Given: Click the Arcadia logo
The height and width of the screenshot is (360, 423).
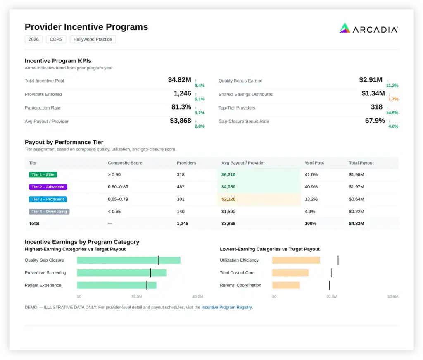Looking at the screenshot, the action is [368, 28].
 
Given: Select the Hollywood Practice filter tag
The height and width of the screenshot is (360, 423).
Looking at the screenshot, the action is [93, 39].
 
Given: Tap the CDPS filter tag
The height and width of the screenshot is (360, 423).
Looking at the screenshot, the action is [56, 39].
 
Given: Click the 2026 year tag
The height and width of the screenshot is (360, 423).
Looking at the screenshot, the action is [33, 39].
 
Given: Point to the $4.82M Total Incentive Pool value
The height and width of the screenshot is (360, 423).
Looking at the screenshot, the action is [179, 80].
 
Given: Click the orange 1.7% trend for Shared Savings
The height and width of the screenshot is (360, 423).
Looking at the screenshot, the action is [393, 99].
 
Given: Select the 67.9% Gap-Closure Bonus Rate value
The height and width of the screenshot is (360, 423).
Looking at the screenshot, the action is [375, 121].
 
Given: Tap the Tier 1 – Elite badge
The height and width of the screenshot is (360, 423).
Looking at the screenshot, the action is [43, 174].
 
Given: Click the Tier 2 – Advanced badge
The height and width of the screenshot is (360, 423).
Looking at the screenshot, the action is [48, 187].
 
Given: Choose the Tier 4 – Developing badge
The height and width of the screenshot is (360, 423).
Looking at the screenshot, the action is [49, 212].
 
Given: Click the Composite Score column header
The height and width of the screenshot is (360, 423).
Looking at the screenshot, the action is [125, 163].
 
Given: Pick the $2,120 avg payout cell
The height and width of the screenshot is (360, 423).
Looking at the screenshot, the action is [228, 199].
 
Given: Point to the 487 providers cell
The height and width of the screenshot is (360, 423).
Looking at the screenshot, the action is [181, 187].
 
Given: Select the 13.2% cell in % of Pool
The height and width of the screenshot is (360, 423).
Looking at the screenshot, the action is [311, 199].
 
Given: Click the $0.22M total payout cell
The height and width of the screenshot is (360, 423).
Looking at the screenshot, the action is [356, 212].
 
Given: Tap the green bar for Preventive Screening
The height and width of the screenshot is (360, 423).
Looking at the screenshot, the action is [122, 273].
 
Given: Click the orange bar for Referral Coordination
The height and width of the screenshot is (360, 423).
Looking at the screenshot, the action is [286, 285].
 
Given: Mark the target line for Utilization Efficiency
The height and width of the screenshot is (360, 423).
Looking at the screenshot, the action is [338, 260].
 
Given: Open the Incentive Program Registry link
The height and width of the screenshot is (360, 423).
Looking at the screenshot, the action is [227, 307].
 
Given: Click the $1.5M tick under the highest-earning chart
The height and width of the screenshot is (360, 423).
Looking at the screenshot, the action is [137, 296].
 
